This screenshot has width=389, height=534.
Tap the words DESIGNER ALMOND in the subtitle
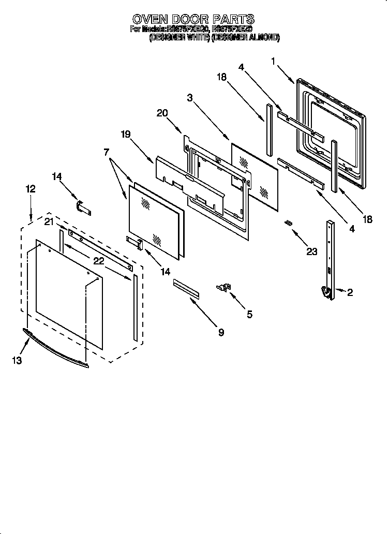[245, 38]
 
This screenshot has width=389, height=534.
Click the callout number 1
[273, 62]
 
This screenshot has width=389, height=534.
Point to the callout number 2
[350, 293]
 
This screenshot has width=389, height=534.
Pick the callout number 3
[190, 98]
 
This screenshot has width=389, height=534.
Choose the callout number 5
[249, 314]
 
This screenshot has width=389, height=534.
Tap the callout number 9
[221, 333]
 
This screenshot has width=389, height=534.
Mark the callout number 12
[31, 189]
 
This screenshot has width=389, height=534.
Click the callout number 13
[18, 361]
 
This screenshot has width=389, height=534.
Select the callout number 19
[126, 134]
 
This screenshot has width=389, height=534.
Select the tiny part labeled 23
[289, 222]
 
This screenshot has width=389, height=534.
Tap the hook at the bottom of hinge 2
[327, 293]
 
